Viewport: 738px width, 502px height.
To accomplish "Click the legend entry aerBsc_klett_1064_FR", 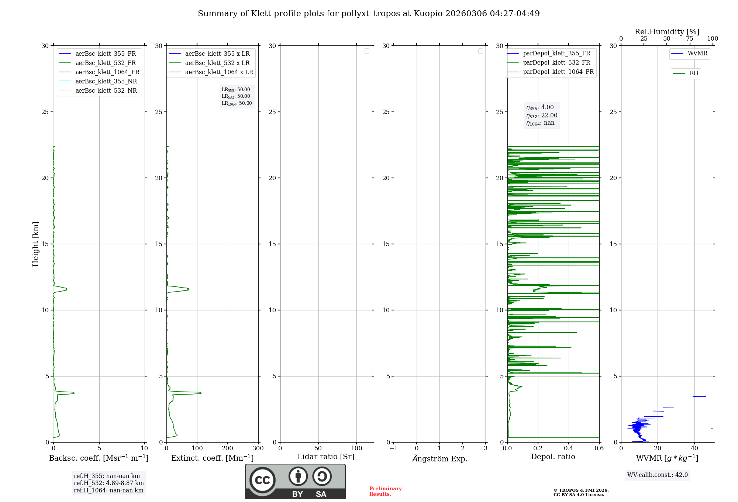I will point(107,72).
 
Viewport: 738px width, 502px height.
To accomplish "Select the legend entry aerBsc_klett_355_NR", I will point(106,81).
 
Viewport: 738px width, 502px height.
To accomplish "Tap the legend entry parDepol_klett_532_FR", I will point(556,62).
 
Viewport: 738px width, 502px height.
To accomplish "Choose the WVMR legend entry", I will point(697,54).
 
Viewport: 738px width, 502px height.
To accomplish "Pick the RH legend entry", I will point(694,73).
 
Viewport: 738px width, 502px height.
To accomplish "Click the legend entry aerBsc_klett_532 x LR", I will point(217,63).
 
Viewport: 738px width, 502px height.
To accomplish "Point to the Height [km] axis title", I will point(35,244).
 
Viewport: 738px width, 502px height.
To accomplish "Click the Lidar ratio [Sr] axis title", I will point(326,457).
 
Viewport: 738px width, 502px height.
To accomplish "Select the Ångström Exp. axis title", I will point(440,458).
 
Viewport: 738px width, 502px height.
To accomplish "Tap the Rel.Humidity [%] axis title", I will point(667,32).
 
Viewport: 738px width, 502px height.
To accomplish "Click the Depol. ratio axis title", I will point(553,457).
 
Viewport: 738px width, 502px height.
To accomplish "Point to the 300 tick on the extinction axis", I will point(258,448).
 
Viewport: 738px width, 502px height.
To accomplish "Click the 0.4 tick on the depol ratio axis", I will point(568,448).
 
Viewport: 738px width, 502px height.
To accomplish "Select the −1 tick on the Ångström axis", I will point(393,448).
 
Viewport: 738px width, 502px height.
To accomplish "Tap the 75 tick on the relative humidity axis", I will point(689,39).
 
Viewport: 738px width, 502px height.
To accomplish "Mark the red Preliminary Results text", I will point(385,491).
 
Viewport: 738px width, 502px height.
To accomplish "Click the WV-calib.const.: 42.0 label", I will point(658,475).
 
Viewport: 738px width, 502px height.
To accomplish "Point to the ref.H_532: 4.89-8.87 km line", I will point(109,483).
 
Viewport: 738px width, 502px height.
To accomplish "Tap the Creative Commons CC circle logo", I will point(262,480).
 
